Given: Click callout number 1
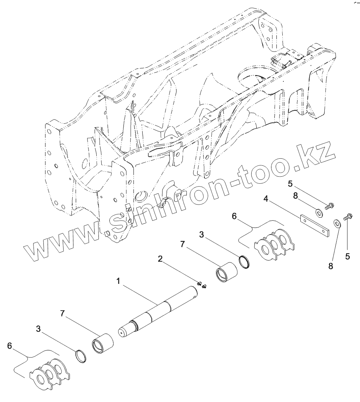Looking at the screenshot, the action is coord(118,281).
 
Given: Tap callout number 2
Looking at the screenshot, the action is coord(160,259).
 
